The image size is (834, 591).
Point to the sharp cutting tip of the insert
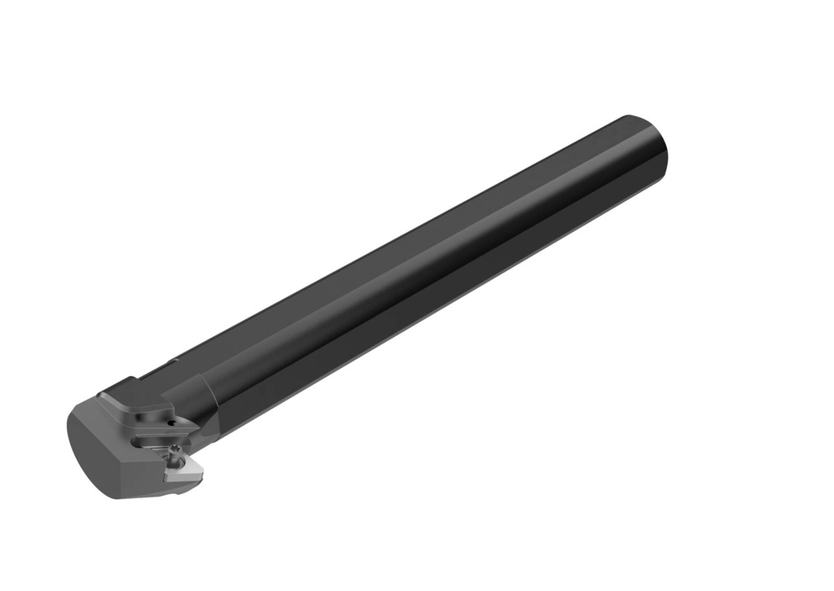166,479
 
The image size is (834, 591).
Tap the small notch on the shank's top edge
173,361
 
